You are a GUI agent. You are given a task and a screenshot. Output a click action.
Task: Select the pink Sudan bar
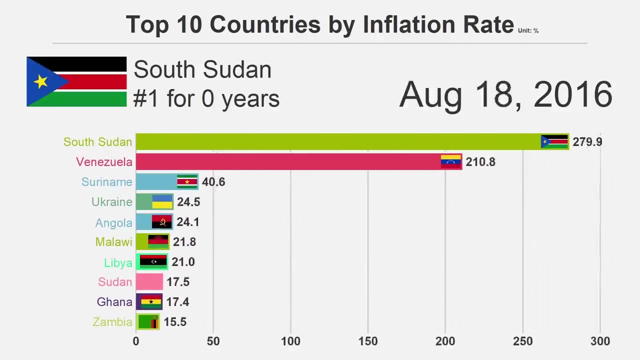(149, 282)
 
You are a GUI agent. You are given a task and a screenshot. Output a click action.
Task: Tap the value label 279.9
(587, 142)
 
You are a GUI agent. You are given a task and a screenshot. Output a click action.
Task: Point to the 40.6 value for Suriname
(213, 182)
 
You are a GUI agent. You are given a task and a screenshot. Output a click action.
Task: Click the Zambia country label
(112, 322)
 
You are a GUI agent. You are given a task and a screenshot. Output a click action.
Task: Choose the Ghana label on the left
(114, 302)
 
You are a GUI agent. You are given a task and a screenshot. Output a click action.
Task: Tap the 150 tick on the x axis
(368, 341)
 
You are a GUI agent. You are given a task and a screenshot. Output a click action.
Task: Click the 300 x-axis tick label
(600, 341)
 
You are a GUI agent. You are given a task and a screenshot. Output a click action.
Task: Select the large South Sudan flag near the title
(76, 81)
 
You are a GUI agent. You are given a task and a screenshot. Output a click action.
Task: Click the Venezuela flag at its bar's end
(450, 161)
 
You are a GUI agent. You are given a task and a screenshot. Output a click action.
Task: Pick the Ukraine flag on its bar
(162, 202)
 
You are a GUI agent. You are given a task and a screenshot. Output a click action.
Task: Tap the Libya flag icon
(153, 261)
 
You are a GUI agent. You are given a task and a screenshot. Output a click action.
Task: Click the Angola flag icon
(161, 221)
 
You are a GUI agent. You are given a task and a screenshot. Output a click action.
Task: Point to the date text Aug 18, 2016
(505, 94)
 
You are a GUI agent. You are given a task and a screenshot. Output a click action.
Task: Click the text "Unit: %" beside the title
(528, 30)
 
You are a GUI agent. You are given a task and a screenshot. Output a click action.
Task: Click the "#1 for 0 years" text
(206, 98)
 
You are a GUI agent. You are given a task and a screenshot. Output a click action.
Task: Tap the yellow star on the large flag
(40, 81)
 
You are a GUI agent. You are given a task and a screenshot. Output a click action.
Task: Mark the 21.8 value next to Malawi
(184, 242)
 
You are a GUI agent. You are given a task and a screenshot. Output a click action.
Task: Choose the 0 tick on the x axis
(136, 341)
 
